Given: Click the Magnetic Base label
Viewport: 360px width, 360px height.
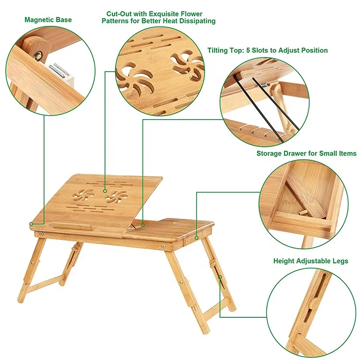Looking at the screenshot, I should [48, 20].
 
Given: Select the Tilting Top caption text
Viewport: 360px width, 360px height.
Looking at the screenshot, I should [267, 50].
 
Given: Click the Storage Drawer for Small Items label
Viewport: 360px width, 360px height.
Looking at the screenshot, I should [306, 154].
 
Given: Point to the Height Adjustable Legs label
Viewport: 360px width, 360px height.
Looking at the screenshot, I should [311, 262].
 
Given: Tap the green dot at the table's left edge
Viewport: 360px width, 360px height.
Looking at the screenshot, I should [31, 224].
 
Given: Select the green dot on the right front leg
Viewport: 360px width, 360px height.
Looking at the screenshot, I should [220, 277].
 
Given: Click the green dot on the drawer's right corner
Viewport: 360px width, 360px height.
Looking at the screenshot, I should [197, 237].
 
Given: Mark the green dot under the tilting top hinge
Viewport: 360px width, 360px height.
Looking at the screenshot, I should [143, 223].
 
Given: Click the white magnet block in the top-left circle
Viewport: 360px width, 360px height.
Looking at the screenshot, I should [61, 73].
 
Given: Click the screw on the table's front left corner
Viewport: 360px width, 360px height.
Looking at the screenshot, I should [43, 234].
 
